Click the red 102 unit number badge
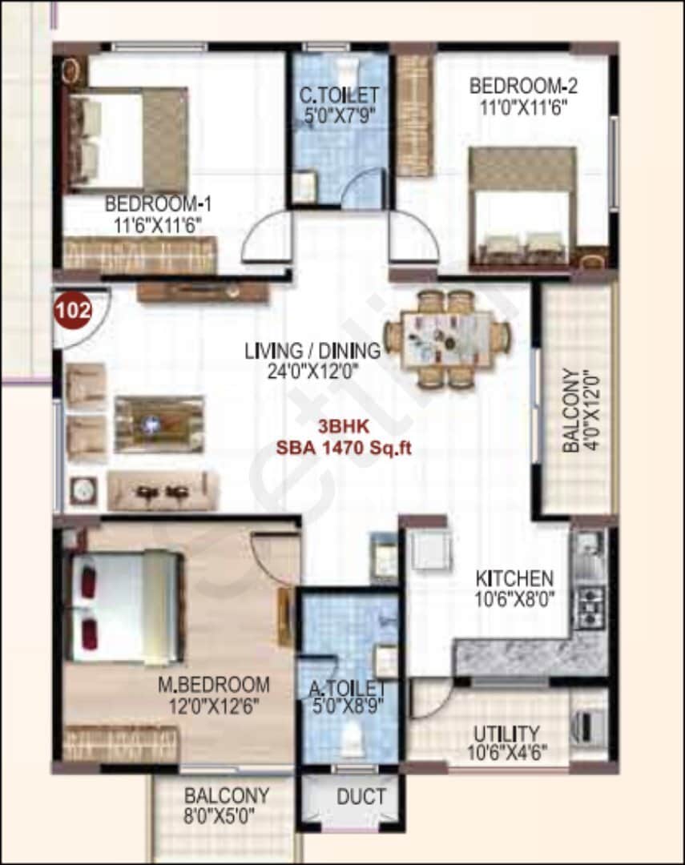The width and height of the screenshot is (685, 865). point(72,308)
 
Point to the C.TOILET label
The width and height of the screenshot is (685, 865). point(340,96)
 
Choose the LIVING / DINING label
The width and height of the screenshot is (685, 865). point(312,351)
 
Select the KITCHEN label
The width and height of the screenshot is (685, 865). point(514,577)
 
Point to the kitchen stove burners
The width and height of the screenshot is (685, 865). point(592,607)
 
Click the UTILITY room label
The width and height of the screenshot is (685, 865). point(506,734)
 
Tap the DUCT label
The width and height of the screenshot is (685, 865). point(361,797)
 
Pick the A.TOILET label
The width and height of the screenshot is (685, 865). point(348,688)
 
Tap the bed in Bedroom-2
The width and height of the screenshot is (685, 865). point(525,208)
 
